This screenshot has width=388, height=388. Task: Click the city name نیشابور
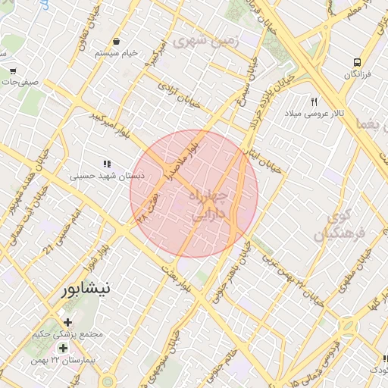pos(84,289)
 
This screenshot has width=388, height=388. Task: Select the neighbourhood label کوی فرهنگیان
pos(339,225)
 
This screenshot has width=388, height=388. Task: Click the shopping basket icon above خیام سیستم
pos(116,42)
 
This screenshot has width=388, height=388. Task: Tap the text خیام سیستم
pos(117,53)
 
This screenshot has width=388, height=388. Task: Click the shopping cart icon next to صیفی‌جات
pos(14,70)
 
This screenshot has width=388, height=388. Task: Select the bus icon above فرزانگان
pos(356,63)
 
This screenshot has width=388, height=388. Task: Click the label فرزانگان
pos(356,74)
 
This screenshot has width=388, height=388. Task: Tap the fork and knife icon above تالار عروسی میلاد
pos(314,102)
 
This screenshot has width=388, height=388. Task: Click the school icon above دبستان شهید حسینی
pos(107,164)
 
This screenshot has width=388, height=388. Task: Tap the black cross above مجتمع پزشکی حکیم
pos(67,322)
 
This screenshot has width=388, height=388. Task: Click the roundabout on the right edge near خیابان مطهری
pos(349,327)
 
